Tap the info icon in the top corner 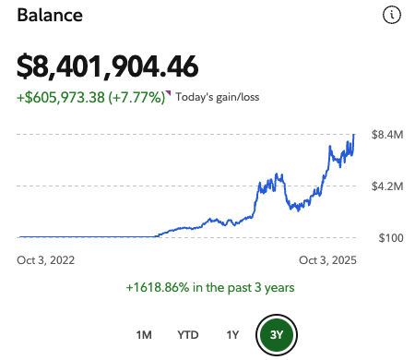(392, 15)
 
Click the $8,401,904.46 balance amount (107, 66)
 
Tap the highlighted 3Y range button (276, 333)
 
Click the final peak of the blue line (354, 135)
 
